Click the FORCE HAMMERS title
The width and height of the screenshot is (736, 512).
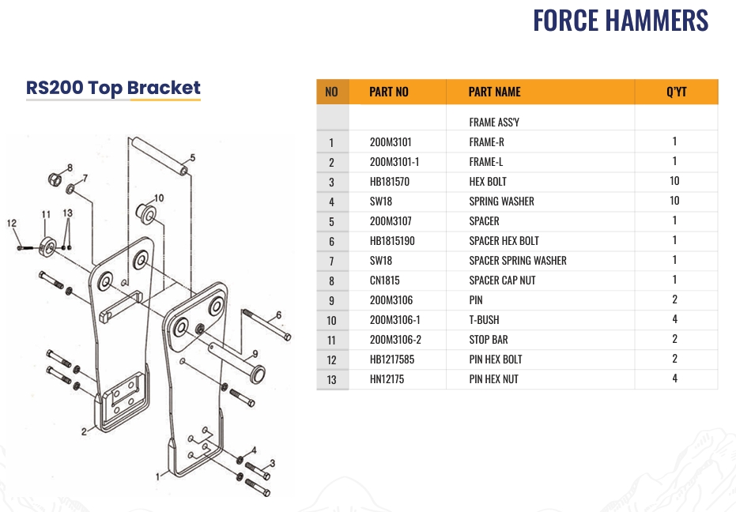pos(621,21)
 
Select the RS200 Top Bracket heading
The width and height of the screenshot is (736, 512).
pos(113,88)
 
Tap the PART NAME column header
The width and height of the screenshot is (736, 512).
pos(494,92)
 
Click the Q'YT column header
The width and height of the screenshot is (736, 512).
pos(677,92)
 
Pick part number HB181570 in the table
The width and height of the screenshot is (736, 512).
pos(390,182)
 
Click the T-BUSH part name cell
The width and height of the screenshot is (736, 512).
pos(484,320)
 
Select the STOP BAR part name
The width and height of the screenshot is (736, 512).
pos(489,340)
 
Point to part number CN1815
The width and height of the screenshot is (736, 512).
pos(384,280)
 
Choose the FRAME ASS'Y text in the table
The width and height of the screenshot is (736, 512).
pos(494,122)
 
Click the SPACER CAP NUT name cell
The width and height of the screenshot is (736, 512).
pos(502,280)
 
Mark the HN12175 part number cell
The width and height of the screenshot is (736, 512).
pos(387,379)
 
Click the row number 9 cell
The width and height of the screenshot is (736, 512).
pos(331,301)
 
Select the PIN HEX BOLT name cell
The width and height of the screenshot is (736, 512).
pos(495,360)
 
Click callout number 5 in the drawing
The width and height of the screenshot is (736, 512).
pos(192,158)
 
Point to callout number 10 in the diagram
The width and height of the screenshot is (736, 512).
pos(159,198)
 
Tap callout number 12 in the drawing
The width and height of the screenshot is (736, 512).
pos(12,224)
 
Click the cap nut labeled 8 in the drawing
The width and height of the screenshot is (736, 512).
pos(55,179)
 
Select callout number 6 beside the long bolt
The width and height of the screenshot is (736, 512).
pos(278,315)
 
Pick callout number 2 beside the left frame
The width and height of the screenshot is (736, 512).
pos(84,431)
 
